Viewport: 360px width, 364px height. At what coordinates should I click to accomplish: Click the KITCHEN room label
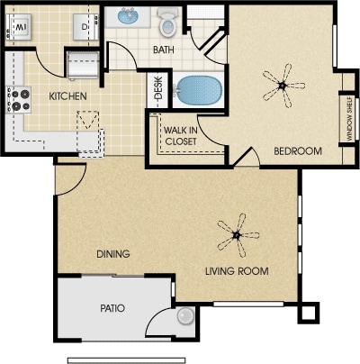point(67,96)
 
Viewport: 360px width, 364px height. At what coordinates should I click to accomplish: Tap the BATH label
point(164,50)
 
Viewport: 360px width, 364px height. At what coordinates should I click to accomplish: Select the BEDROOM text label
point(298,151)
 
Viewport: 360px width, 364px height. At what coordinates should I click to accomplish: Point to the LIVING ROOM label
point(237,271)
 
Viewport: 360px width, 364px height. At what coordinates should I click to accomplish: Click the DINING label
point(113,254)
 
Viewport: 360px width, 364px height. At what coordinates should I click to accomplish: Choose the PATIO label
point(112,308)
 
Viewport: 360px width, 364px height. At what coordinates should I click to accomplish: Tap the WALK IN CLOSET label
point(181,136)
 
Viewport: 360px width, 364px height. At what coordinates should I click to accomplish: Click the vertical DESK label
point(158,88)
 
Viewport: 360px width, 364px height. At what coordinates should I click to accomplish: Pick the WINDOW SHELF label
point(349,119)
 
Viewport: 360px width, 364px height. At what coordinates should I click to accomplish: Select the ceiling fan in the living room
point(238,235)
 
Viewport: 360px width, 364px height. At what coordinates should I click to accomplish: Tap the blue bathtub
point(199,90)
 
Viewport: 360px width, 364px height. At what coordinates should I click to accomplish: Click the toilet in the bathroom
point(168,22)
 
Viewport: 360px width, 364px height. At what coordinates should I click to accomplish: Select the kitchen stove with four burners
point(18,100)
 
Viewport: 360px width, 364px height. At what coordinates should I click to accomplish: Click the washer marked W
point(19,27)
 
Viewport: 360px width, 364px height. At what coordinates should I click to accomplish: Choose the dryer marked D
point(85,27)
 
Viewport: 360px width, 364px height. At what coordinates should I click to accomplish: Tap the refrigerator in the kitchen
point(83,65)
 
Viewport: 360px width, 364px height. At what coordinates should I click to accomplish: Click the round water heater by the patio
point(185,316)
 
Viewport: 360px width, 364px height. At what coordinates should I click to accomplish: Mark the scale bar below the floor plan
point(126,360)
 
